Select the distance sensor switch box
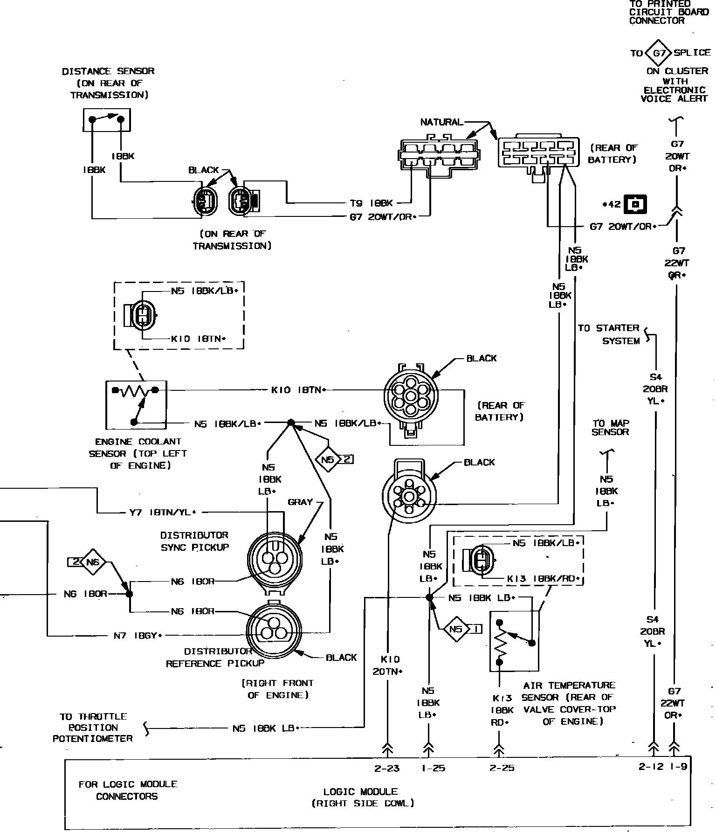click(x=107, y=120)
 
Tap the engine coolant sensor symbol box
click(x=136, y=405)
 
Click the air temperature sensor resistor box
click(x=514, y=641)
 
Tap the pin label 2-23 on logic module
click(x=387, y=768)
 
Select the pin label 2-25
click(x=502, y=768)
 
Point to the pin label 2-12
click(x=651, y=767)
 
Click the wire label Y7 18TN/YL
click(x=163, y=512)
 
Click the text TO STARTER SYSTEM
click(x=609, y=334)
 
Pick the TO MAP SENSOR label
click(x=610, y=428)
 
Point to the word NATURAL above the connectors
click(x=441, y=122)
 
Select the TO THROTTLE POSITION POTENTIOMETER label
click(x=93, y=727)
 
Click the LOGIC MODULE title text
click(x=361, y=791)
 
